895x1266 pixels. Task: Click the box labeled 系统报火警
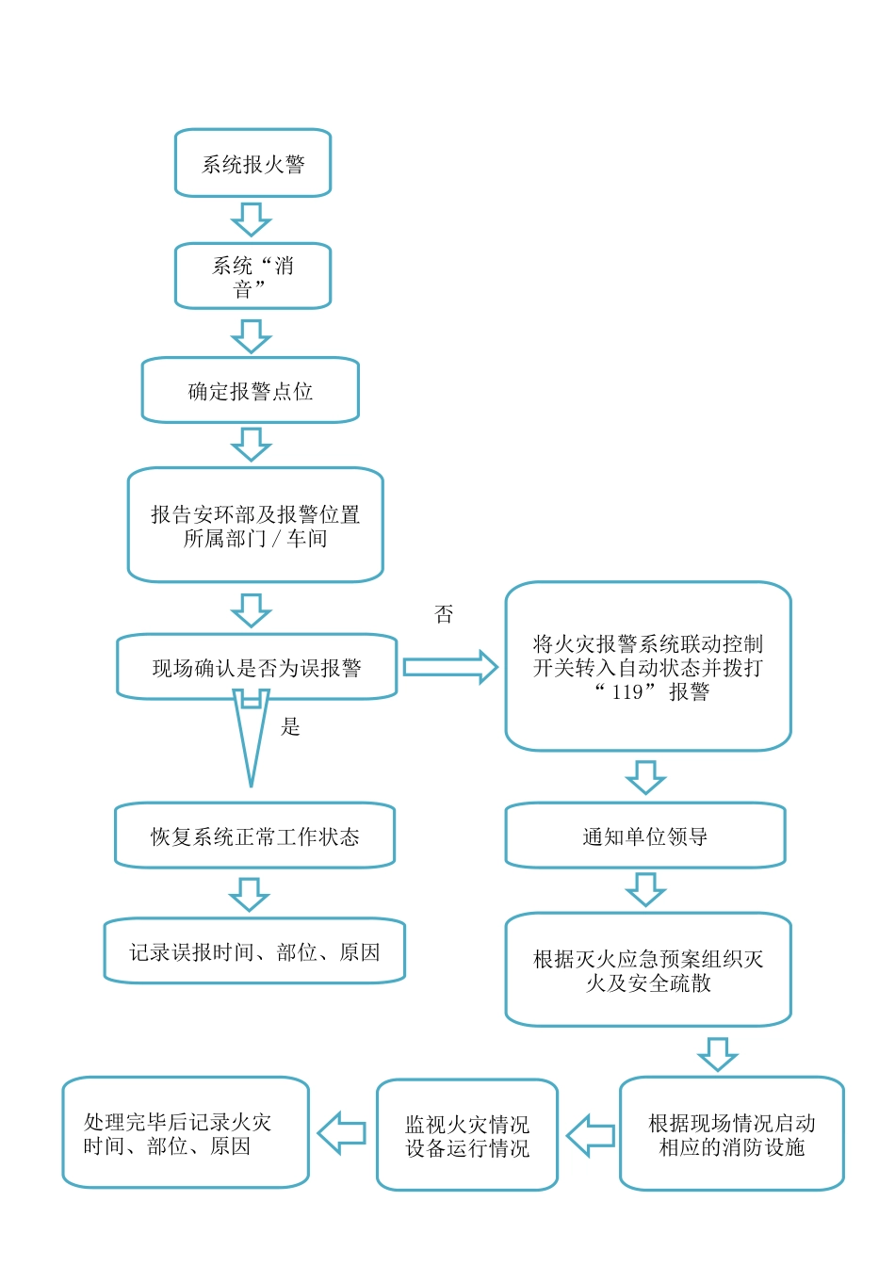coord(252,163)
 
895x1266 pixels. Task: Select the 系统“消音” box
coord(252,276)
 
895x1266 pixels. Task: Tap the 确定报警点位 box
coord(251,390)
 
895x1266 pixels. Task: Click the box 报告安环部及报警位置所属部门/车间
coord(255,525)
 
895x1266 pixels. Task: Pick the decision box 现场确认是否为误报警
coord(256,667)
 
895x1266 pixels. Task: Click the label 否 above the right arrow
coord(444,615)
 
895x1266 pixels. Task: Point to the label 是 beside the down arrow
coord(290,726)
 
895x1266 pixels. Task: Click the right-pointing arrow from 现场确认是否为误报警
coord(449,667)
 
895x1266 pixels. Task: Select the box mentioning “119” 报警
coord(648,666)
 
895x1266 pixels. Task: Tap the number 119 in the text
coord(627,692)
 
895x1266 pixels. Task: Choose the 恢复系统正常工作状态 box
coord(254,836)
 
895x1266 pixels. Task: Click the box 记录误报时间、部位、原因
coord(254,951)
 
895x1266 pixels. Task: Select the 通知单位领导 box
coord(645,836)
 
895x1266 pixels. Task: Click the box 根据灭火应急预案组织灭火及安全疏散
coord(648,969)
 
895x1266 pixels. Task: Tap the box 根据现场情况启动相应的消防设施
coord(731,1134)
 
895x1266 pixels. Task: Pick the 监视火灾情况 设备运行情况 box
coord(467,1135)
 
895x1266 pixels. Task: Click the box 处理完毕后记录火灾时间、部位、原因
coord(186,1133)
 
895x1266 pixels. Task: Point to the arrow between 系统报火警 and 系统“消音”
coord(251,219)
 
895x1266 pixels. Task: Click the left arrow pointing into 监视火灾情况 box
coord(591,1135)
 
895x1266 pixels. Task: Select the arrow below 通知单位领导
coord(645,888)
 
